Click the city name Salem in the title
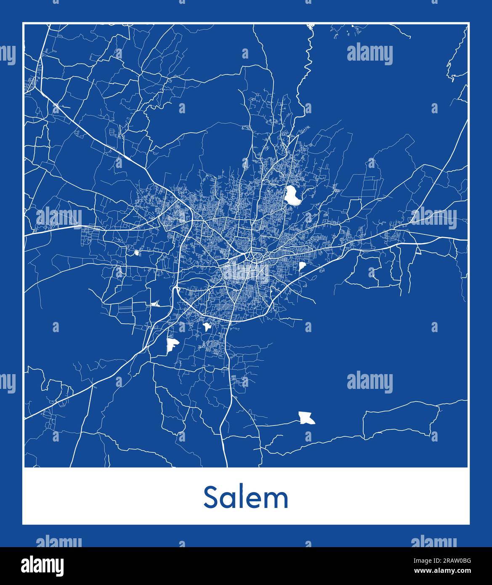click(x=246, y=498)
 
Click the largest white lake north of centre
click(x=292, y=196)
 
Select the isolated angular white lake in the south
click(x=306, y=418)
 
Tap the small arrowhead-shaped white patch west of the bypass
click(x=155, y=303)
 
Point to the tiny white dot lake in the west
click(x=137, y=253)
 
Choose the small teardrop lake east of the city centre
click(x=302, y=266)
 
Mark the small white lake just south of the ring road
click(x=207, y=327)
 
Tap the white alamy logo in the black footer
click(x=43, y=566)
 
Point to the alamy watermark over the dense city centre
click(x=246, y=274)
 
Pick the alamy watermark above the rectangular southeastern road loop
click(x=370, y=383)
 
